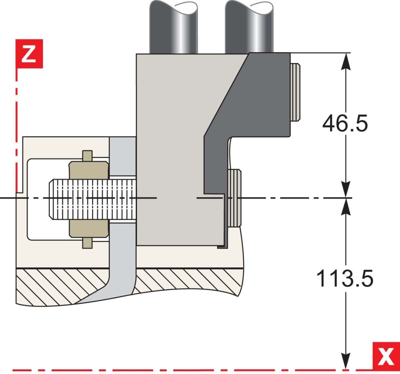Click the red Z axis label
click(x=29, y=54)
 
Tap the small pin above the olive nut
click(x=88, y=156)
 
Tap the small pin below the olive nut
click(x=88, y=243)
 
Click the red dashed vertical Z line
click(x=16, y=134)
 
